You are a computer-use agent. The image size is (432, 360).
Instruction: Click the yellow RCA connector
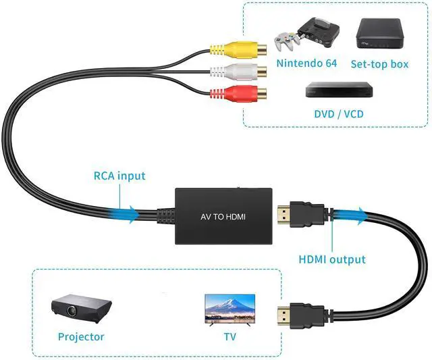coord(238,50)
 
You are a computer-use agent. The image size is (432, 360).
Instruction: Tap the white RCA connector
coord(238,72)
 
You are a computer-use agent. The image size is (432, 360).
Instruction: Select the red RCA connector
coord(238,93)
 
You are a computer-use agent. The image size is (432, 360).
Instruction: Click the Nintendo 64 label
coord(306,63)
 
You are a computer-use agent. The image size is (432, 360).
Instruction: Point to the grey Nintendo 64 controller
coord(287,41)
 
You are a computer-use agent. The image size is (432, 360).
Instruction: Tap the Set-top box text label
coord(379,64)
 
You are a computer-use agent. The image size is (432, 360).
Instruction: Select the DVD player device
coord(339,89)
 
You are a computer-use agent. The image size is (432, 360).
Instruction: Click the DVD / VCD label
coord(339,114)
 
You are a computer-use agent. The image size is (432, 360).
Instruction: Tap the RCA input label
coord(119,176)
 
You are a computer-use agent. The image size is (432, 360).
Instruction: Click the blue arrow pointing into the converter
coord(124,214)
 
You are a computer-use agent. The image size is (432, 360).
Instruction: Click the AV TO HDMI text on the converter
coord(223,217)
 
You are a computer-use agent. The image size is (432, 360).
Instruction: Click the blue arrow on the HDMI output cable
coord(350,215)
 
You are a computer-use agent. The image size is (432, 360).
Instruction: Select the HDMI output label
coord(332,259)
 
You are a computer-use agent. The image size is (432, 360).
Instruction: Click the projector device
coord(81,308)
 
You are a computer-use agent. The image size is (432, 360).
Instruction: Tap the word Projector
coord(81,337)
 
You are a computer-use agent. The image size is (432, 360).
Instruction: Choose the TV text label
coord(230,336)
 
